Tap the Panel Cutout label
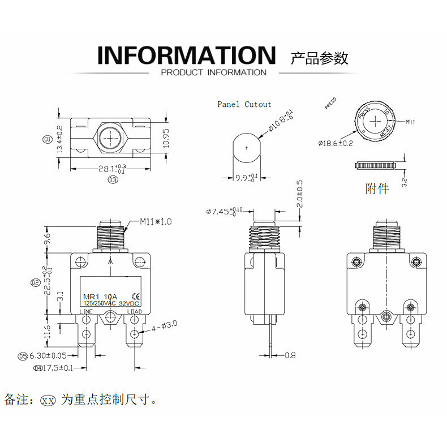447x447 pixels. tap(244, 104)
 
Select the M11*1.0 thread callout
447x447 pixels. tap(156, 221)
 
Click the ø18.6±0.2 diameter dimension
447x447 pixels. tap(336, 143)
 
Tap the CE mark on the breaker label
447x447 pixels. tap(135, 294)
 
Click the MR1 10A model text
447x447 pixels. tap(100, 296)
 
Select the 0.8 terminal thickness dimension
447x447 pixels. tap(290, 355)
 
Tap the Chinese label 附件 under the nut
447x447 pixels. tap(377, 188)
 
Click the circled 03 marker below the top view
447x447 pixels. tap(112, 180)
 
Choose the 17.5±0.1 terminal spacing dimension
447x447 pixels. tap(58, 368)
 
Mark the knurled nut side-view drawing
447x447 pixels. tap(374, 165)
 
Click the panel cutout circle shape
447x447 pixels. tap(247, 148)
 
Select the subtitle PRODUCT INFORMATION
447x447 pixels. tap(213, 72)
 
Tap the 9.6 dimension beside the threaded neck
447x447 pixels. tap(48, 239)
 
